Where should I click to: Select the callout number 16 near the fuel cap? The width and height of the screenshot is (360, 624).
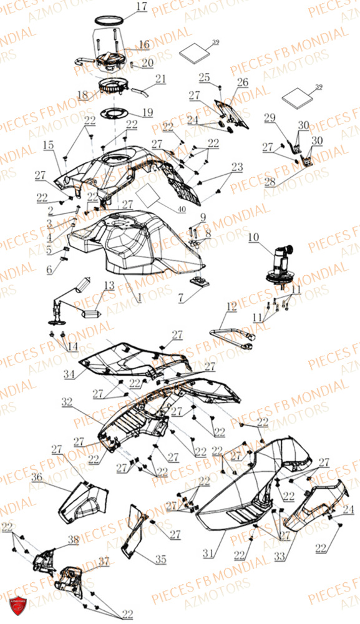pos(144,45)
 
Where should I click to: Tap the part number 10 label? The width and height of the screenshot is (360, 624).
pos(253,238)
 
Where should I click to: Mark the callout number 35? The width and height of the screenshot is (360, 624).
pos(161,560)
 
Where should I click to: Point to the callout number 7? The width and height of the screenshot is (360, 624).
pos(180,299)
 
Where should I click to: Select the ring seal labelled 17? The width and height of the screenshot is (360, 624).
pos(108,22)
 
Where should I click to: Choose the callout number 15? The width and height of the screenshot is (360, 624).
pos(49,145)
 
